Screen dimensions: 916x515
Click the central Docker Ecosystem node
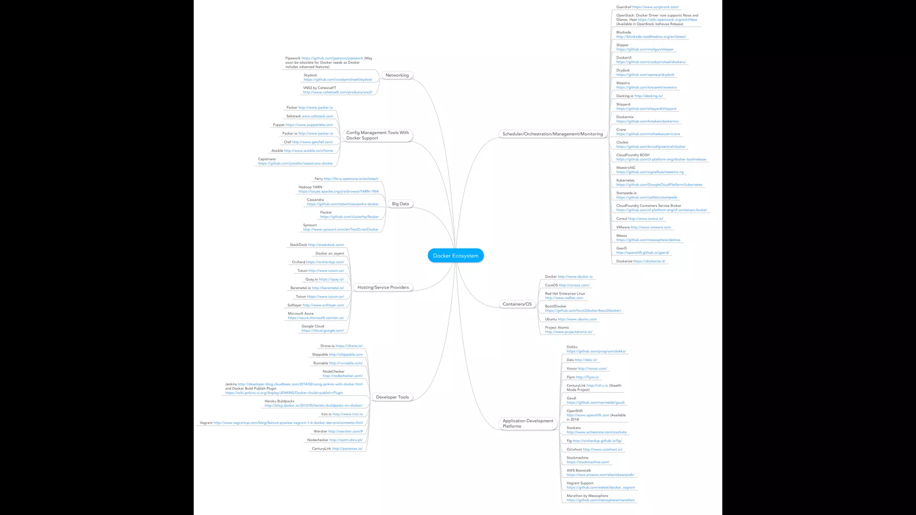pos(455,256)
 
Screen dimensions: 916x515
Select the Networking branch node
pos(397,75)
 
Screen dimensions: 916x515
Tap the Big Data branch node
pos(400,204)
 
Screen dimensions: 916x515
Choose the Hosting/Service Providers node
pos(383,287)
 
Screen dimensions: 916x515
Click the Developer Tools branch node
pos(392,397)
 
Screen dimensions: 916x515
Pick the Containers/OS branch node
pos(517,304)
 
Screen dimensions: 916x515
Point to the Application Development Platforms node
pos(528,423)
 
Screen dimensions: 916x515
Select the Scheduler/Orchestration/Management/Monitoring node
pos(552,134)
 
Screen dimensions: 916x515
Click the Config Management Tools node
pos(377,135)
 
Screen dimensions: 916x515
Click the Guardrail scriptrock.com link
pos(655,7)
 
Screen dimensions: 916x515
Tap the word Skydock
pos(310,75)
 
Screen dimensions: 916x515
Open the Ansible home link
pos(308,151)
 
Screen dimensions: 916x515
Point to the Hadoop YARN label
pos(310,187)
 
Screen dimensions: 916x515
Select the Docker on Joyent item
pos(330,253)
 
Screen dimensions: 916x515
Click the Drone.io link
pos(349,346)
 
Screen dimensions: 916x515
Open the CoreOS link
pos(574,285)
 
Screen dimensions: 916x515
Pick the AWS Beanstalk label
pos(579,470)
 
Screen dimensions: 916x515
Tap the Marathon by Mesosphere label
pos(587,496)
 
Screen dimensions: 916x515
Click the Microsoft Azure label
pos(301,313)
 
